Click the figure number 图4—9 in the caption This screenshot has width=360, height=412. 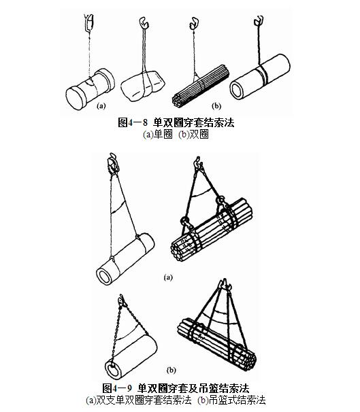pyautogui.click(x=119, y=388)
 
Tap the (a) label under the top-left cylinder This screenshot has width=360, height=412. pyautogui.click(x=101, y=106)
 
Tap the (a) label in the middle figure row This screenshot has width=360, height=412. pyautogui.click(x=168, y=277)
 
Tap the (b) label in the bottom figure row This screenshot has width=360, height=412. pyautogui.click(x=171, y=370)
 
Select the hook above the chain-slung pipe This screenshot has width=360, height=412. pyautogui.click(x=122, y=299)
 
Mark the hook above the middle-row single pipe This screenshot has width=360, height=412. pyautogui.click(x=110, y=163)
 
